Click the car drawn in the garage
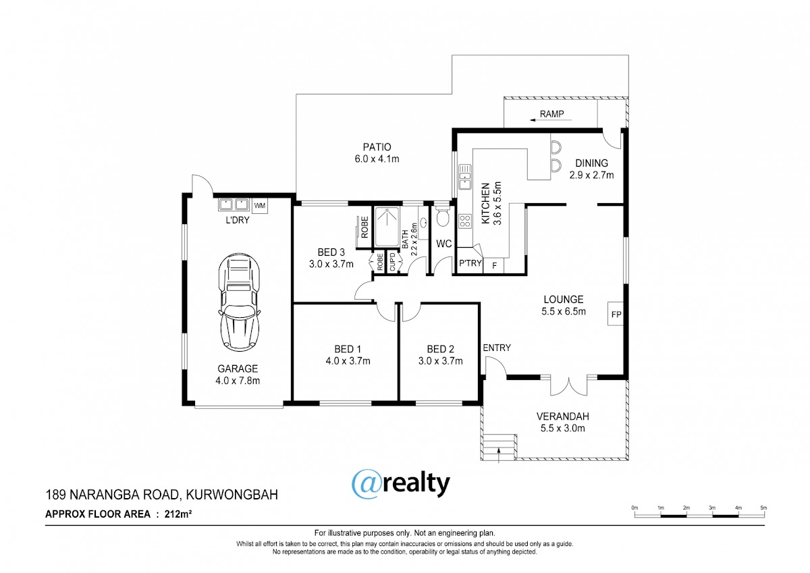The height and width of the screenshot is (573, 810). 239,302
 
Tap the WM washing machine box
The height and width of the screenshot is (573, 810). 260,206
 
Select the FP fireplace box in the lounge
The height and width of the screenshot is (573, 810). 616,314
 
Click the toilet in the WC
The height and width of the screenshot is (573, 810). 443,216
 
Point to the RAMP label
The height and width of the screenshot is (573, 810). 552,114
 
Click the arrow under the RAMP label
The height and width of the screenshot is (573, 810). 550,120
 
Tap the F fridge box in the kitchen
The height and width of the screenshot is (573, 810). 494,266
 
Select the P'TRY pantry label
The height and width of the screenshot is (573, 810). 470,263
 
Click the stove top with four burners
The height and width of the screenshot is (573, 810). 465,221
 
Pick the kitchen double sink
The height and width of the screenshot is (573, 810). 465,177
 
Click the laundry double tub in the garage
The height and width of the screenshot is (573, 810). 234,204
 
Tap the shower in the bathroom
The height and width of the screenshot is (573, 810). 387,227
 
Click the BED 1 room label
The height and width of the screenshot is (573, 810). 348,349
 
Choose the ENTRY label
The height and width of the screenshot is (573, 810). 497,348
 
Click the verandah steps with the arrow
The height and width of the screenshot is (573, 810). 499,447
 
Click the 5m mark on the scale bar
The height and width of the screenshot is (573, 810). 763,508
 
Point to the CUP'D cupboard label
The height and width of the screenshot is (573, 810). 392,263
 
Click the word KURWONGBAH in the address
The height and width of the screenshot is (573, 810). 232,495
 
